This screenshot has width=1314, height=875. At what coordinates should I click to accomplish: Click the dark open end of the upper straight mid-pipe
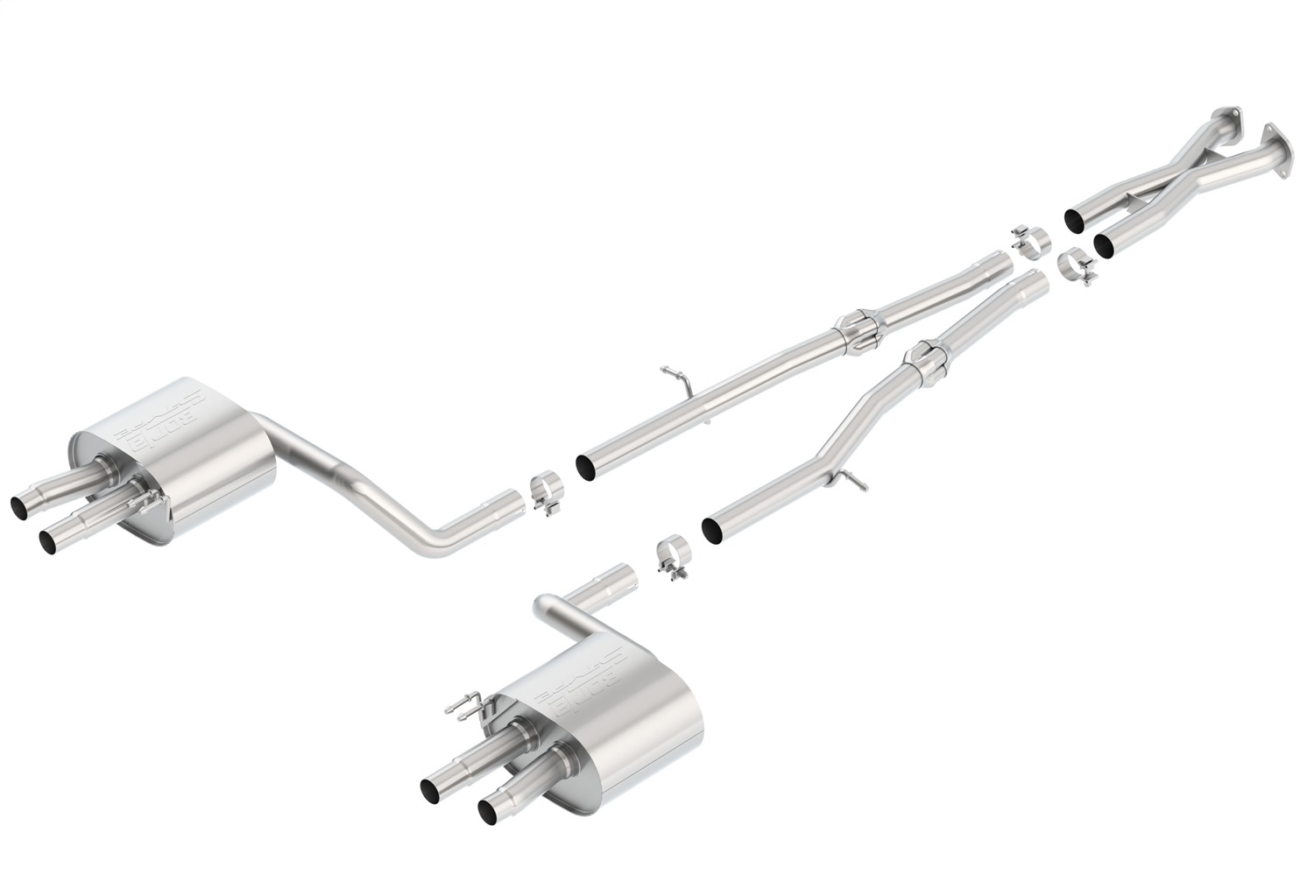(585, 465)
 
